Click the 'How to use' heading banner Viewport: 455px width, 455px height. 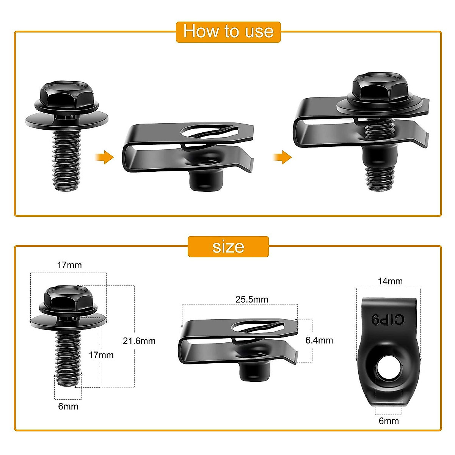click(x=228, y=32)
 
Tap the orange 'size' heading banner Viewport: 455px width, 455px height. click(x=228, y=247)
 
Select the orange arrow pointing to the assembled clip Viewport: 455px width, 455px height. click(x=282, y=157)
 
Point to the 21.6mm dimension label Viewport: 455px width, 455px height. click(x=139, y=341)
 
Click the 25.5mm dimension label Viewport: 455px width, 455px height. click(x=252, y=299)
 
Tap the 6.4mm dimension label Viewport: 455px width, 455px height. click(x=319, y=340)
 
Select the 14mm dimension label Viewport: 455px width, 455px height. click(x=390, y=281)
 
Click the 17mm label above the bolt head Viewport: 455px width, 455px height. click(x=69, y=265)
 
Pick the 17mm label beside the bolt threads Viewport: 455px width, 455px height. click(x=101, y=355)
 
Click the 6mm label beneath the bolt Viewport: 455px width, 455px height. click(x=68, y=406)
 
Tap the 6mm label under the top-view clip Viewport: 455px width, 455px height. click(x=389, y=421)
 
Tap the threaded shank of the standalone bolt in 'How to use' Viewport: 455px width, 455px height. click(x=66, y=159)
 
